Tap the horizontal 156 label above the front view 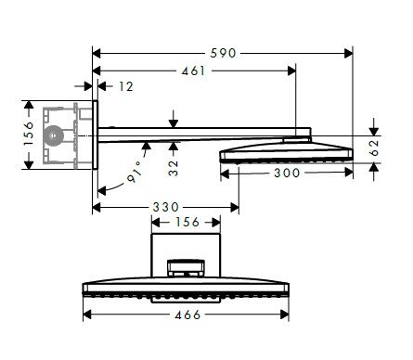pyautogui.click(x=186, y=223)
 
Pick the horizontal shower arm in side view pyautogui.click(x=195, y=136)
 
